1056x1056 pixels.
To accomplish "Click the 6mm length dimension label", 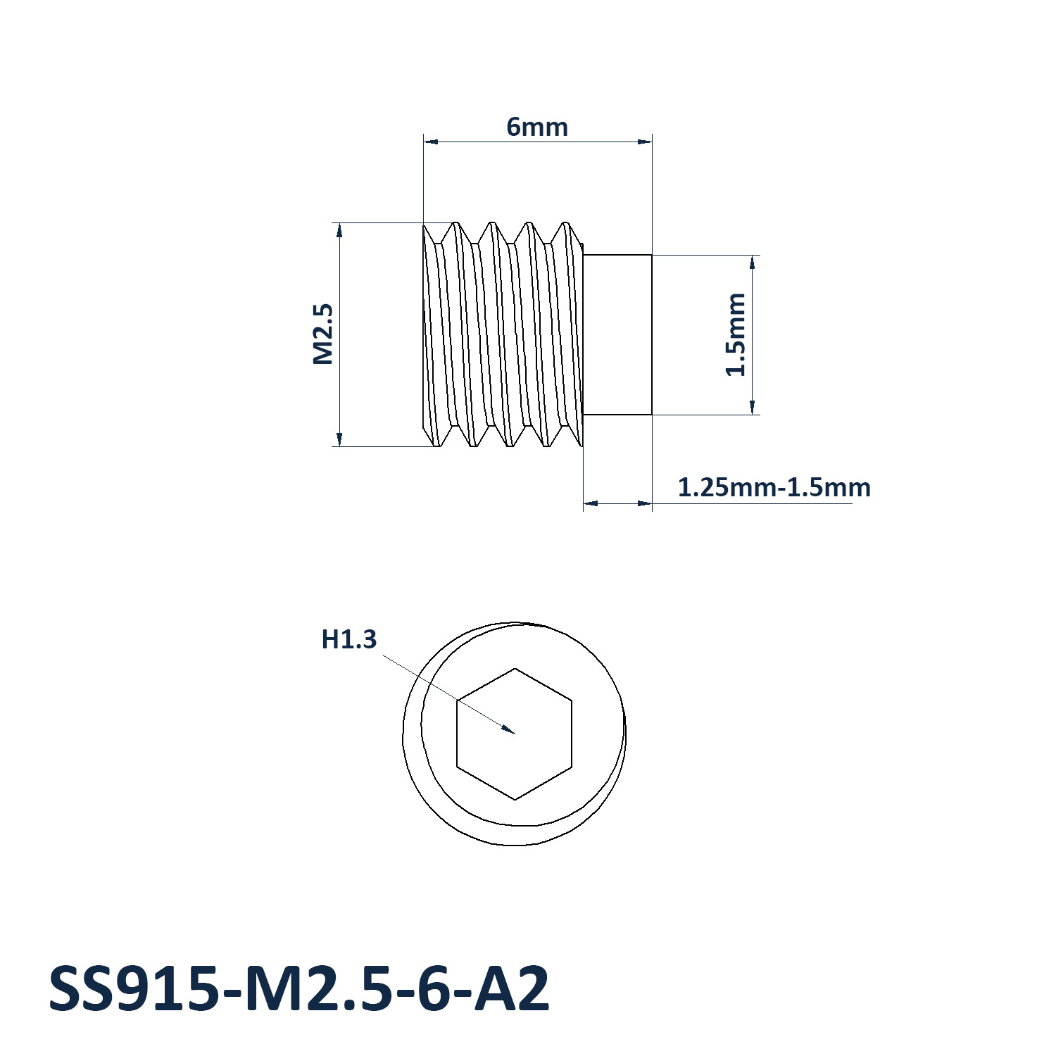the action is tap(537, 127).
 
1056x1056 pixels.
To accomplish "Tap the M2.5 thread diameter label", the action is tap(322, 334).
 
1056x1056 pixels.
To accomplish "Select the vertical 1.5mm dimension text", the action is tap(736, 334).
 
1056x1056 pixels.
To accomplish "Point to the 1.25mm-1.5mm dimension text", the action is tap(774, 487).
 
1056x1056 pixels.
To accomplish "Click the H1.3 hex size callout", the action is tap(349, 639).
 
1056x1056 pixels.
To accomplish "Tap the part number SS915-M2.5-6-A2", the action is tap(298, 988).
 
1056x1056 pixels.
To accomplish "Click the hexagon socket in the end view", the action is tap(515, 734).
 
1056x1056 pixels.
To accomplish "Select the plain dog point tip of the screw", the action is tap(618, 334).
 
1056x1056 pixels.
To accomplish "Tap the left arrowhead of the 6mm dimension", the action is tap(431, 142).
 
